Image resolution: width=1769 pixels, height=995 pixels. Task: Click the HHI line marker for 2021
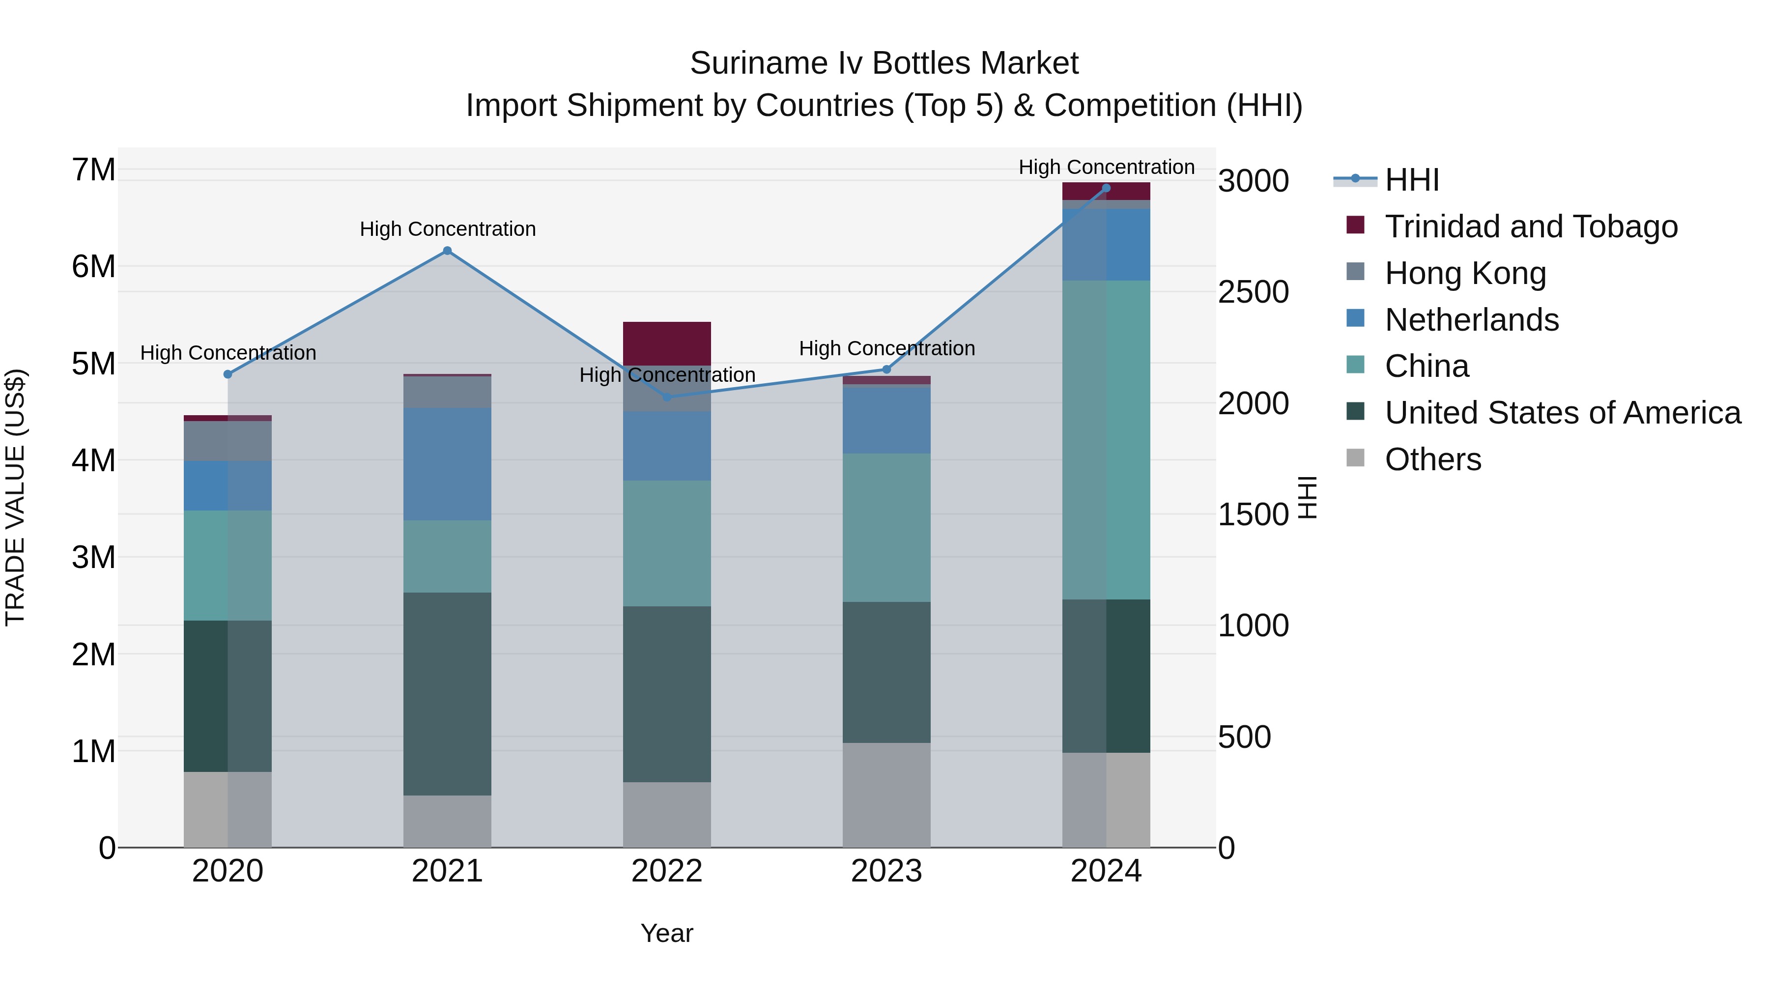447,251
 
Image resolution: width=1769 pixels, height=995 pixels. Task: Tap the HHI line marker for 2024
1106,188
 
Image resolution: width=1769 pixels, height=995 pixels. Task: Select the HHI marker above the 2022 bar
667,397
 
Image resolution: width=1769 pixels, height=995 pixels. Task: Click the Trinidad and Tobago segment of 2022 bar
667,342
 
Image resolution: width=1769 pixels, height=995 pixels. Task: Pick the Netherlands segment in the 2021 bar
447,464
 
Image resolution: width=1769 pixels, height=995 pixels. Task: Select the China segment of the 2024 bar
1106,439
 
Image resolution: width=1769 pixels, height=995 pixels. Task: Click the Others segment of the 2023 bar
886,795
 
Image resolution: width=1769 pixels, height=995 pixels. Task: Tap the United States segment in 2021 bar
447,693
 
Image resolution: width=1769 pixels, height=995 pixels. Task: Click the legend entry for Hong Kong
1465,273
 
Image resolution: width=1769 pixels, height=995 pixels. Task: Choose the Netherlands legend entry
1471,320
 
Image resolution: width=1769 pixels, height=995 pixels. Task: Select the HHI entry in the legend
1411,180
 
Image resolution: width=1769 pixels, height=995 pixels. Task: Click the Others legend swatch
1355,458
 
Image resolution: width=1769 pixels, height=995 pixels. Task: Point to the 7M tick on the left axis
93,170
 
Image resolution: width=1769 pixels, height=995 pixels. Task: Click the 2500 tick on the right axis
1253,292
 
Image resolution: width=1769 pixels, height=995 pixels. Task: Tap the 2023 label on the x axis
886,871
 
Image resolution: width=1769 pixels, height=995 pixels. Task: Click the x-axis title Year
666,933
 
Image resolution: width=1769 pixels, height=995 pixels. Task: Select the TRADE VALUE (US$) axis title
15,497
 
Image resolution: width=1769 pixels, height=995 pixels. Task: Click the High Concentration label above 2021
448,228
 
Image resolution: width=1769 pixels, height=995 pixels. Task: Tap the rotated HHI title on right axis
1308,497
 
